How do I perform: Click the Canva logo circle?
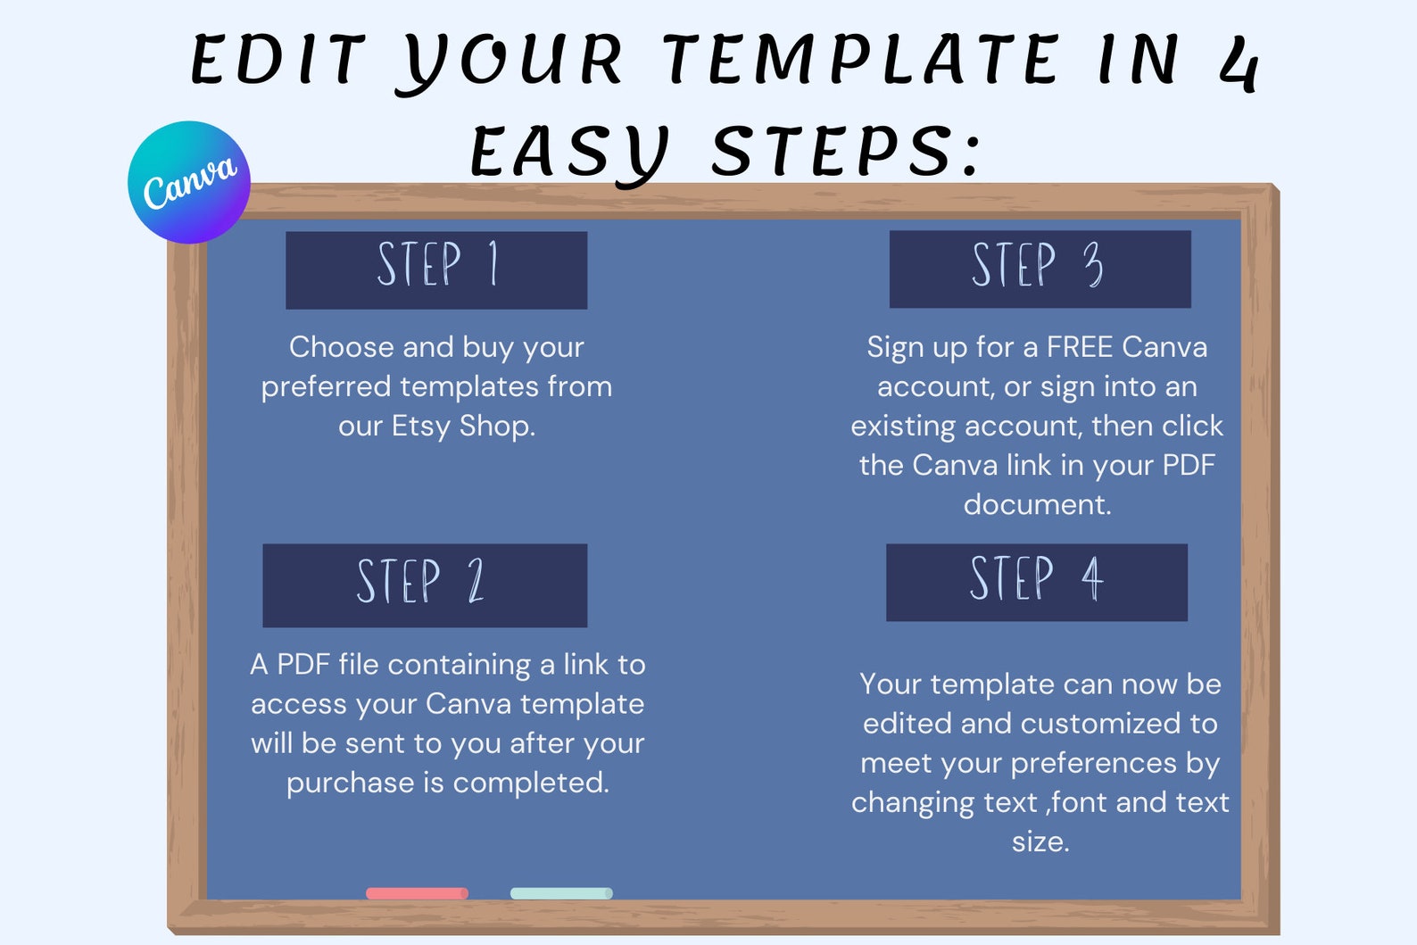(x=189, y=182)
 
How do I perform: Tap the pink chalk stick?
(x=417, y=893)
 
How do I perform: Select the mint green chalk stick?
(x=561, y=893)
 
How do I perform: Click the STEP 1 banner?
(x=436, y=270)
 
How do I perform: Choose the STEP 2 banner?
(x=425, y=585)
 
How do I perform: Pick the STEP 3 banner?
(x=1040, y=269)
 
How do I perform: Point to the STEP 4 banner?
(x=1037, y=582)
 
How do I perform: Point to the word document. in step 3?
(x=1037, y=504)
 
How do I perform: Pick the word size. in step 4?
(x=1040, y=841)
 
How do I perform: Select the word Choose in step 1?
(x=341, y=346)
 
